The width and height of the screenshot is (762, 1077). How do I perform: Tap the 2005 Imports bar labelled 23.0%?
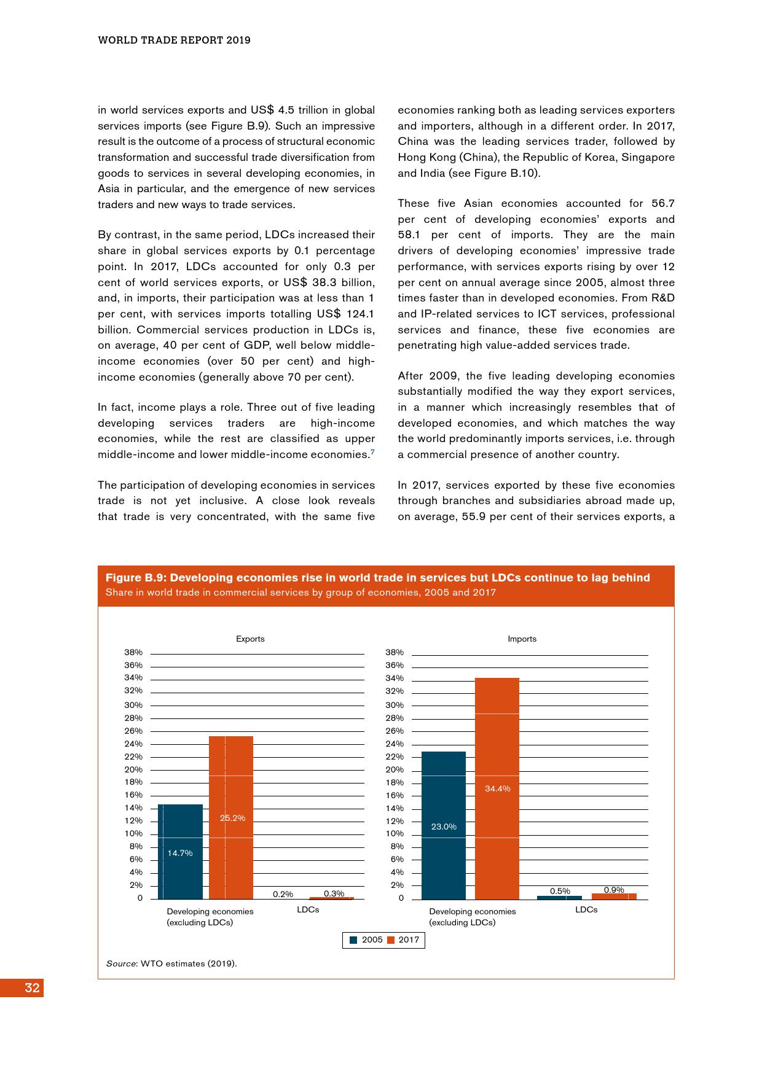click(443, 826)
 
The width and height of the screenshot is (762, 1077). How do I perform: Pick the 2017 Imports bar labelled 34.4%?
click(497, 789)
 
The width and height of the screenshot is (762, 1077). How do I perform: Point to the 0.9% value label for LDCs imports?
click(614, 890)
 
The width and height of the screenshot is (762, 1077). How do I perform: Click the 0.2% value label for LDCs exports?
click(283, 894)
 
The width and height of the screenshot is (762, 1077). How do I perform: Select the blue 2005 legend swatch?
click(353, 940)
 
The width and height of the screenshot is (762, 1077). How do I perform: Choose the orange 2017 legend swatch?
click(391, 940)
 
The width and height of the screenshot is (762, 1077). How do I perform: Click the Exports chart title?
click(250, 639)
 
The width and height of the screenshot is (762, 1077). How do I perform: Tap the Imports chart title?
click(522, 639)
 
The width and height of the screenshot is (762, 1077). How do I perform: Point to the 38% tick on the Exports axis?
click(133, 652)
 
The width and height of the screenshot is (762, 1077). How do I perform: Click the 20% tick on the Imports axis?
click(395, 769)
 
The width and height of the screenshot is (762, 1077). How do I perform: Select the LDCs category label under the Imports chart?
click(586, 909)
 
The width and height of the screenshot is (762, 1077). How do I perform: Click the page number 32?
click(32, 987)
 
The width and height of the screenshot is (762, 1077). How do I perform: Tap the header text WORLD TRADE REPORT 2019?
click(175, 41)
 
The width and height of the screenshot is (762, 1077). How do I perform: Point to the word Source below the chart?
click(120, 963)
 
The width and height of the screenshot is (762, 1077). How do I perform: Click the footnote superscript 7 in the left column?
click(372, 452)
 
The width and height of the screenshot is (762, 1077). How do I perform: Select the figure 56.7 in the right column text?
click(661, 203)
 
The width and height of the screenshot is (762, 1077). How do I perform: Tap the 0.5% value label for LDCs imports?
click(560, 891)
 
